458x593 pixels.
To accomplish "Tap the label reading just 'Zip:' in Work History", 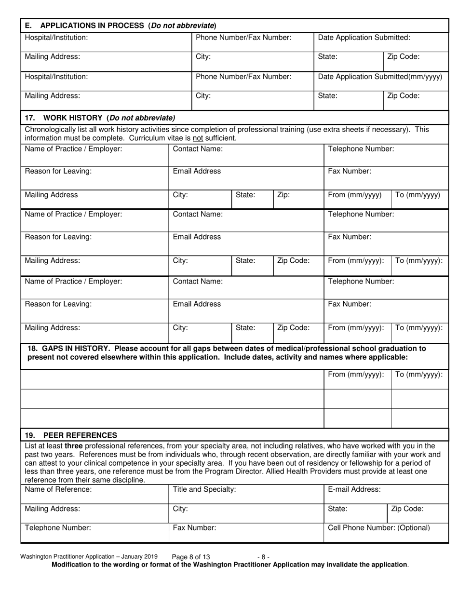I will [x=284, y=195].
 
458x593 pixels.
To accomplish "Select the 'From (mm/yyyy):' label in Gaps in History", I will [x=356, y=375].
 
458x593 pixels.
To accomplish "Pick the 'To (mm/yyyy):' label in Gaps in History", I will [x=418, y=375].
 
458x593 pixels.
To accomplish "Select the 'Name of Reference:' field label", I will [x=58, y=489].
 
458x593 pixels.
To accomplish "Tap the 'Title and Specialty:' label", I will [x=204, y=489].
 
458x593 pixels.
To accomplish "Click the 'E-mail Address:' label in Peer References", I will [x=354, y=489].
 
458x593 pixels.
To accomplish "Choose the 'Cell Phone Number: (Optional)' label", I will [x=379, y=527].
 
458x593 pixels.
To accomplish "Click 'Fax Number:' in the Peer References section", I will [x=195, y=527].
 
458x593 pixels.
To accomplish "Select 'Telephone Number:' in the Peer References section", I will [x=57, y=527].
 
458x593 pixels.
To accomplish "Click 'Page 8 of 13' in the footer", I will [x=191, y=557].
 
